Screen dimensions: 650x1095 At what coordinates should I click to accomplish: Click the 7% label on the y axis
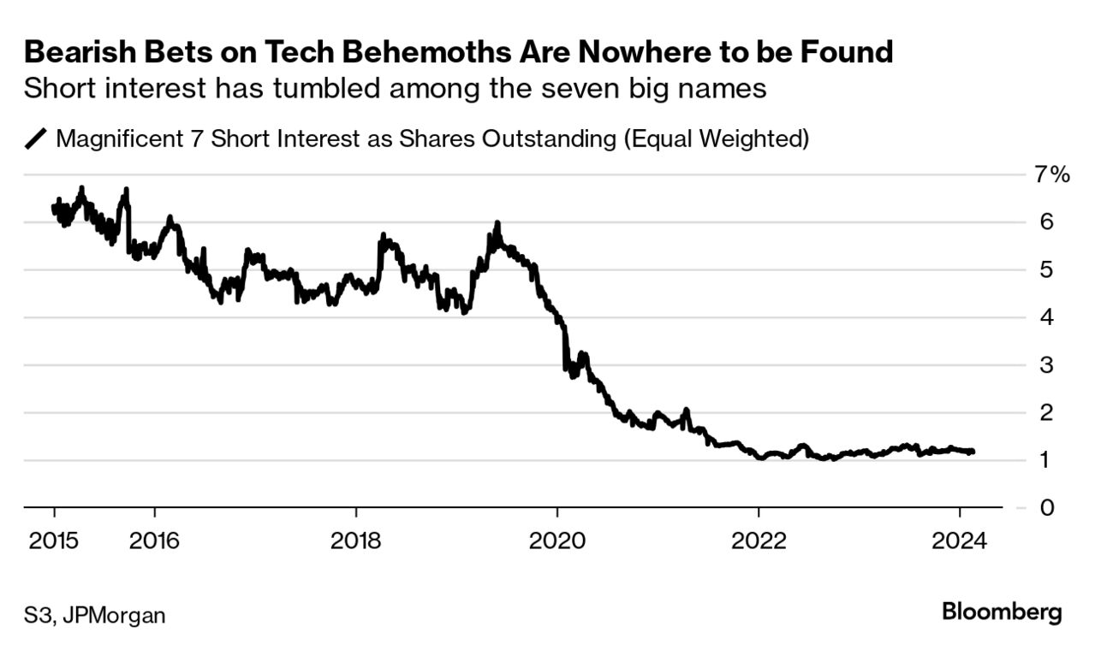click(1051, 175)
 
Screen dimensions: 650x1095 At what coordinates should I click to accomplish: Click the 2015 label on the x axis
click(54, 541)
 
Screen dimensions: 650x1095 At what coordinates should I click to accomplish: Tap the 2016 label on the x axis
click(154, 541)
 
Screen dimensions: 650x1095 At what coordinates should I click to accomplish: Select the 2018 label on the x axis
click(355, 541)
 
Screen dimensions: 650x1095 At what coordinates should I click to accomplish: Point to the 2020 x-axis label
click(556, 541)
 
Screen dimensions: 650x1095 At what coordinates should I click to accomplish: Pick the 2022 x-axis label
click(758, 541)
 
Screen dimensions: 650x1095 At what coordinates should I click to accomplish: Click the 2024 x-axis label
click(960, 541)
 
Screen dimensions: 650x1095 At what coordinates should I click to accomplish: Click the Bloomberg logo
click(1002, 612)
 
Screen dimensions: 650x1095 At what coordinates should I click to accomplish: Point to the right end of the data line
click(973, 452)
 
